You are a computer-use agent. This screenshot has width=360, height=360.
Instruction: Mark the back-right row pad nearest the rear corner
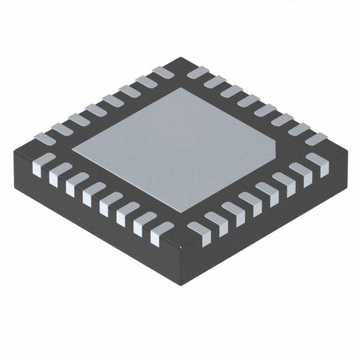[x=197, y=72]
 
